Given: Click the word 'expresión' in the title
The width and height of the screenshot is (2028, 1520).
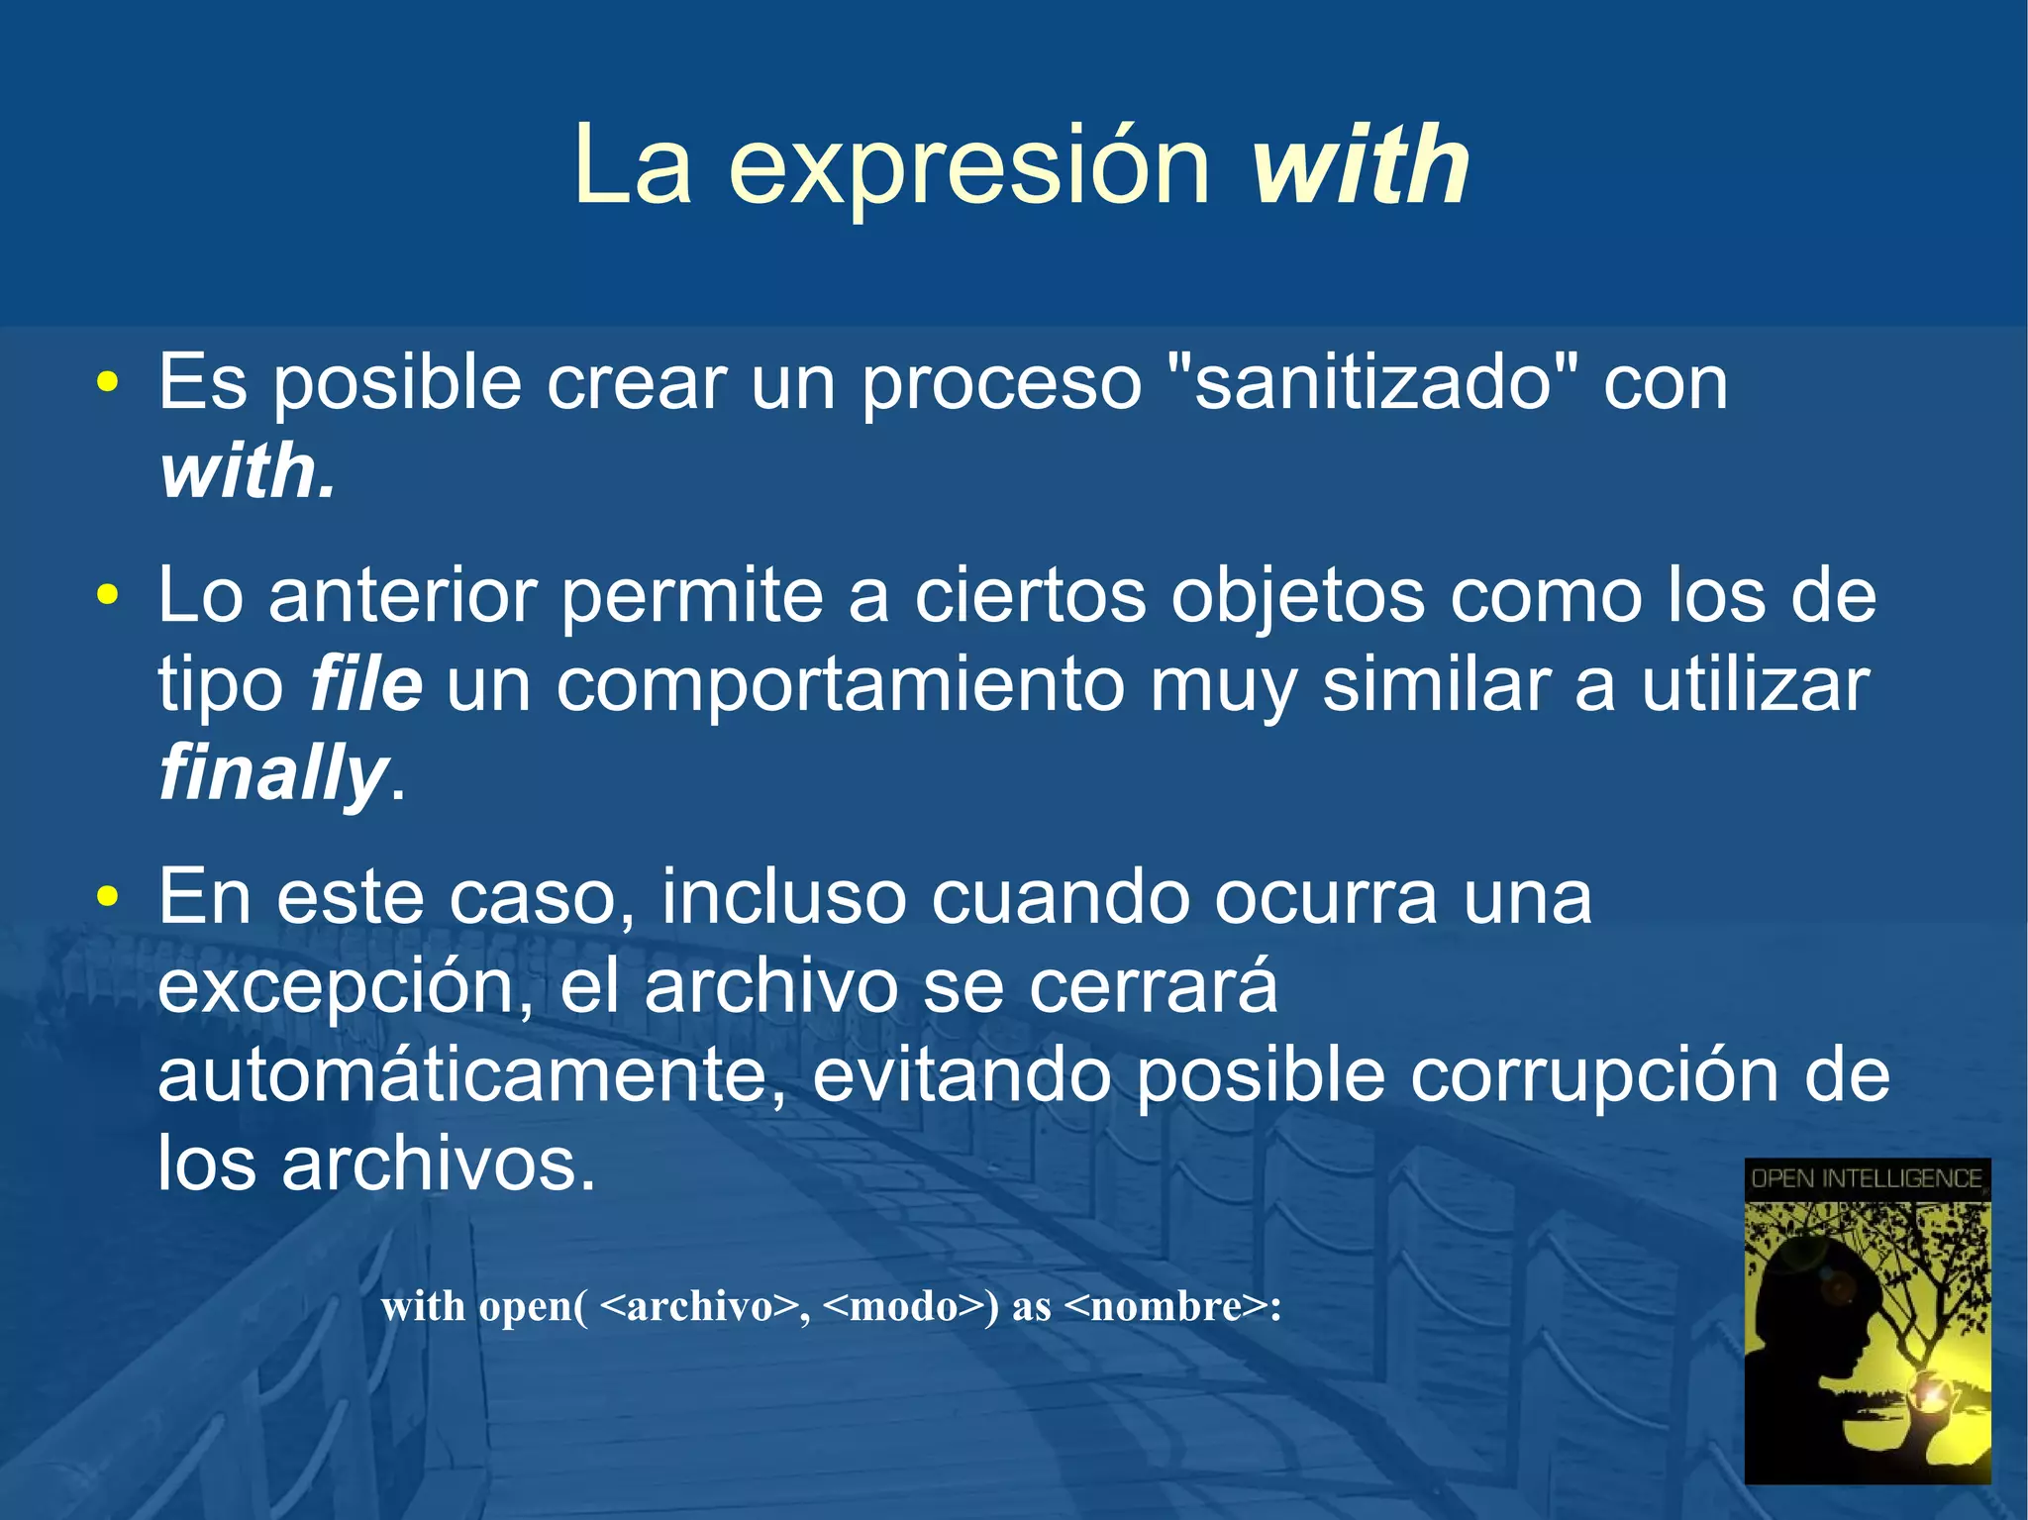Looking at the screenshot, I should pyautogui.click(x=969, y=168).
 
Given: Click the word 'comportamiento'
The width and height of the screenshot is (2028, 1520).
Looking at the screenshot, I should pyautogui.click(x=840, y=686).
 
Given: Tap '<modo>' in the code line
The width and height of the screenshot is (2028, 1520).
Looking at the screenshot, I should pyautogui.click(x=903, y=1307).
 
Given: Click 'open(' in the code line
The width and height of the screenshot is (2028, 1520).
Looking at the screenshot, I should pyautogui.click(x=533, y=1307).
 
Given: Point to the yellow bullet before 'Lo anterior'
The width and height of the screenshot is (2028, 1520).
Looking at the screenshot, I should pyautogui.click(x=108, y=596).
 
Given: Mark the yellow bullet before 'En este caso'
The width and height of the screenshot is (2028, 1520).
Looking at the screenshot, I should pyautogui.click(x=108, y=897).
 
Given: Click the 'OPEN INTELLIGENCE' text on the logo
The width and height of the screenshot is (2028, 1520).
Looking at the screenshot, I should pyautogui.click(x=1867, y=1178).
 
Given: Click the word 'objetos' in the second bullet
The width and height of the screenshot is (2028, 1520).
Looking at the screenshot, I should pyautogui.click(x=1298, y=597).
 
